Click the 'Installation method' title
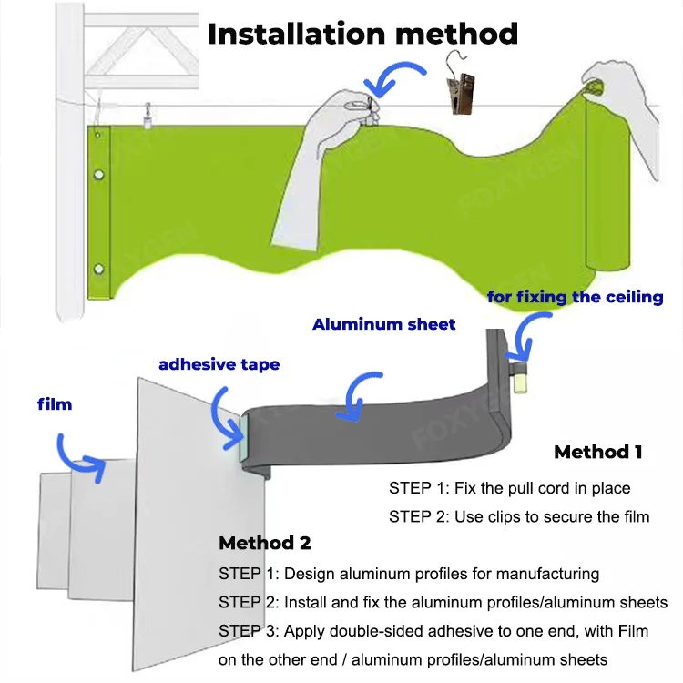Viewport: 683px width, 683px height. point(362,34)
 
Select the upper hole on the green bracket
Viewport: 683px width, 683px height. point(99,175)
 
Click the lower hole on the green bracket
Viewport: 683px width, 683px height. point(99,268)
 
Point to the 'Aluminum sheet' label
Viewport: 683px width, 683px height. point(383,324)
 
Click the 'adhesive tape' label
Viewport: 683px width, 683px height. point(219,364)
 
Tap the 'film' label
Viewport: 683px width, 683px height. point(54,403)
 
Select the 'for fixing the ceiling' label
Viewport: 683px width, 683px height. point(576,297)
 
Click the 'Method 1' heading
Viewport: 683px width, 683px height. point(597,452)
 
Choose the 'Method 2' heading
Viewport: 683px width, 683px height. point(264,543)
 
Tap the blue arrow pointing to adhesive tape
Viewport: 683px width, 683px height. point(223,408)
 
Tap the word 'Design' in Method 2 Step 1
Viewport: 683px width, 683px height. point(308,574)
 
